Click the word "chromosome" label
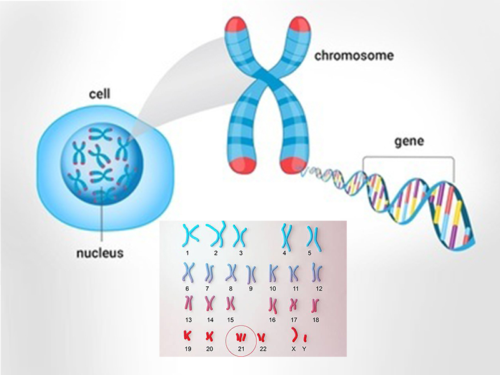(x=354, y=56)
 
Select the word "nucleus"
(x=99, y=253)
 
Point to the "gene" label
(x=409, y=141)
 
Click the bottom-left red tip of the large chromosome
(x=241, y=166)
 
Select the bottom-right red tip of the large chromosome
(x=292, y=166)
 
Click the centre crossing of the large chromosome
(x=267, y=82)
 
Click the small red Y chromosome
(x=304, y=337)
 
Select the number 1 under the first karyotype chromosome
(x=187, y=252)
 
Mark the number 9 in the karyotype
(x=250, y=288)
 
